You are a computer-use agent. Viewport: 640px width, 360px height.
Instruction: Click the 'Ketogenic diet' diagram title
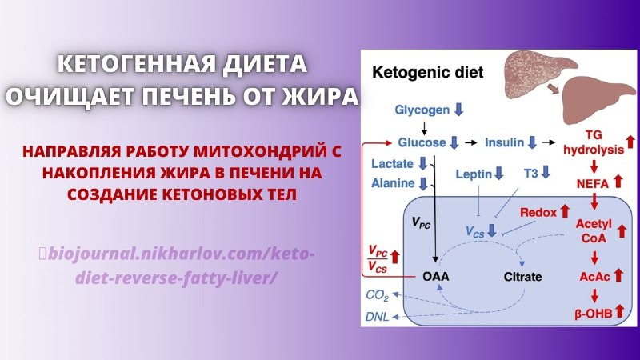[x=427, y=72]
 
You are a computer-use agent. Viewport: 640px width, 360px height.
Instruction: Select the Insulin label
[x=504, y=142]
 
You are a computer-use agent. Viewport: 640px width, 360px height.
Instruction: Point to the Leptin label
[x=474, y=174]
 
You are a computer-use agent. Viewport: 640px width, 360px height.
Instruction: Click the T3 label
[x=530, y=174]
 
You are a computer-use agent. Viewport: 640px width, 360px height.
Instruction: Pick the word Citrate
[x=522, y=276]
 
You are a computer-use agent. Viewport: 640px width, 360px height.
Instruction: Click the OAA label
[x=435, y=276]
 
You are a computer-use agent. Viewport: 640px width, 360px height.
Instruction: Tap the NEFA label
[x=592, y=184]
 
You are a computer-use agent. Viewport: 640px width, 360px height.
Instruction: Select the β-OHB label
[x=593, y=314]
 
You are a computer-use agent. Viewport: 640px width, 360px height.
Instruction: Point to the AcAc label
[x=594, y=277]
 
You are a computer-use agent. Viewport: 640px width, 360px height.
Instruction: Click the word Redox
[x=538, y=212]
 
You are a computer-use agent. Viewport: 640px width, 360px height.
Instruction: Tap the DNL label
[x=377, y=316]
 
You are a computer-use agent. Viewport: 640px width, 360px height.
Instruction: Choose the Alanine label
[x=393, y=183]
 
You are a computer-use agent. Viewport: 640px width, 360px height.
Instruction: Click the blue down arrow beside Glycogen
[x=458, y=110]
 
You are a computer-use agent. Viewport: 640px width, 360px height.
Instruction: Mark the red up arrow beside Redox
[x=565, y=211]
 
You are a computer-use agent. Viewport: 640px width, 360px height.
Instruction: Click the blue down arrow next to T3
[x=546, y=172]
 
